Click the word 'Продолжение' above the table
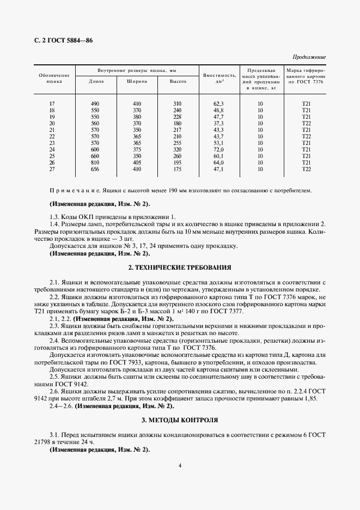click(309, 57)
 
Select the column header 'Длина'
click(96, 82)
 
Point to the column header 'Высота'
click(178, 82)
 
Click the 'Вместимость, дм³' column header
click(219, 78)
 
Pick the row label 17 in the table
click(52, 104)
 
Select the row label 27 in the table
click(52, 169)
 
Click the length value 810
click(96, 163)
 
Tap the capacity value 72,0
click(219, 150)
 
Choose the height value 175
click(178, 169)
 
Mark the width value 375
click(137, 150)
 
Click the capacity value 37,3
click(219, 123)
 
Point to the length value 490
click(96, 104)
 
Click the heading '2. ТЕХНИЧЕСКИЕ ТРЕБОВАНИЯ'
click(180, 268)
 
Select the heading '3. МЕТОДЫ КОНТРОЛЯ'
click(180, 421)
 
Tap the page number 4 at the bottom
click(180, 465)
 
